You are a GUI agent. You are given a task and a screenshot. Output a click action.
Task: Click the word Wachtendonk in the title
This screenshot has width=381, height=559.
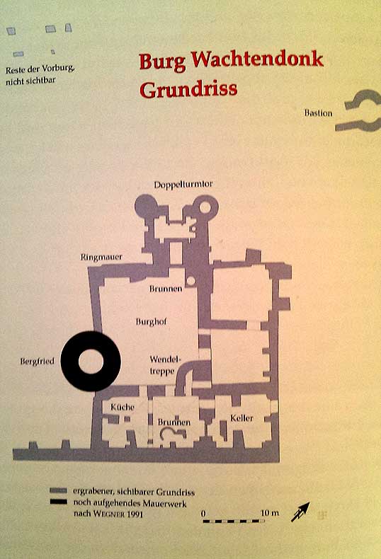coord(257,59)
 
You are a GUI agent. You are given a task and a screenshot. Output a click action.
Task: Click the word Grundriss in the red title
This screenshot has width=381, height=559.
coord(188,90)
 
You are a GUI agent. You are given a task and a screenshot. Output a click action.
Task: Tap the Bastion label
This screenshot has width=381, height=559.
coord(318,113)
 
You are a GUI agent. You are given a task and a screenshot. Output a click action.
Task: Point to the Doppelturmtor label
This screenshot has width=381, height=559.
coord(183,184)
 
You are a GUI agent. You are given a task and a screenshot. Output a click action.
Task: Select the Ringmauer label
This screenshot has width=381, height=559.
coord(101,257)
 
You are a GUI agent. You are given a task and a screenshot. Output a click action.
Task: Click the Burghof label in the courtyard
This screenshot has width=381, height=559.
coord(152,321)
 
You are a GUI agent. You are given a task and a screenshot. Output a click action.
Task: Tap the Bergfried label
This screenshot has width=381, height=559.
coord(37,361)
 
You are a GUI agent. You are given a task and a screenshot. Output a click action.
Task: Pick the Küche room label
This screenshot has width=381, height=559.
coord(123,407)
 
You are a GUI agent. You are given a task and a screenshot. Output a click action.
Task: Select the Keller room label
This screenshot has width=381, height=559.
coord(241,417)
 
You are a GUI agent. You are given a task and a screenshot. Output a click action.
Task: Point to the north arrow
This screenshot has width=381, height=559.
coord(300,512)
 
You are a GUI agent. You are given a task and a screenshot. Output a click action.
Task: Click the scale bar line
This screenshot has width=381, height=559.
coord(234,521)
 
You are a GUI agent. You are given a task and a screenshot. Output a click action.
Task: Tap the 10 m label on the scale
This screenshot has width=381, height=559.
coord(270,513)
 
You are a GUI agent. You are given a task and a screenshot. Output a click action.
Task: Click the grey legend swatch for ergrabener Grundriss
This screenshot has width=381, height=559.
coord(58,491)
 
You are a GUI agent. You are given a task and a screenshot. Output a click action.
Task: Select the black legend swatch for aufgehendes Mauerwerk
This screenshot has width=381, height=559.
coord(58,502)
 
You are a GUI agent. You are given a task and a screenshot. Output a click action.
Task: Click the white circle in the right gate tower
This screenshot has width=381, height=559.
coord(206,207)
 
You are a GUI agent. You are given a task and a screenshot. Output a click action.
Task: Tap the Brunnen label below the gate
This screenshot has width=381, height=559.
coord(166,289)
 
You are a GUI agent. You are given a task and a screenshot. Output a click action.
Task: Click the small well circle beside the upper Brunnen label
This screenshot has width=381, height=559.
coord(191,281)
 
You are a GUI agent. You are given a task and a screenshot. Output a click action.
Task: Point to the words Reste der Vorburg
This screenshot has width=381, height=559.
coord(40,69)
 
